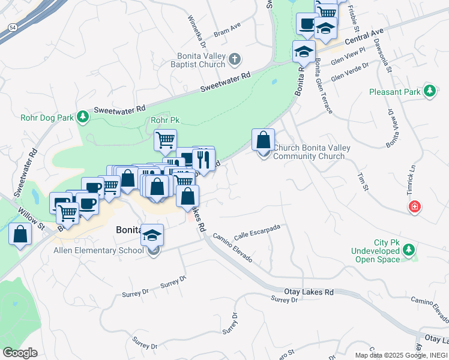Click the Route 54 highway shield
[x=12, y=28]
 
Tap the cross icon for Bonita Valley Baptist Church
[x=235, y=59]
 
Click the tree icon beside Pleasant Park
[x=429, y=91]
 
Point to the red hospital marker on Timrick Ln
[x=414, y=208]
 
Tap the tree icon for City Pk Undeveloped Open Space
[x=409, y=249]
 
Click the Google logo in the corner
[x=20, y=353]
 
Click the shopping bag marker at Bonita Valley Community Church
[x=263, y=141]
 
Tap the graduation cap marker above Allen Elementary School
[x=152, y=235]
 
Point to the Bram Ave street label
[x=227, y=29]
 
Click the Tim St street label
[x=362, y=183]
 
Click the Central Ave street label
[x=364, y=37]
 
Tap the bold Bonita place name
[x=128, y=230]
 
